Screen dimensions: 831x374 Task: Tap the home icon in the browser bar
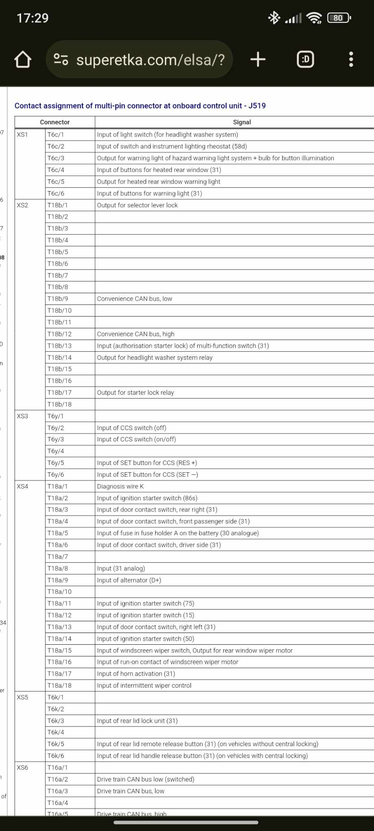(x=23, y=60)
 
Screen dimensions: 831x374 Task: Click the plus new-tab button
(x=258, y=60)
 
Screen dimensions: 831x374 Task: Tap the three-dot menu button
(x=351, y=60)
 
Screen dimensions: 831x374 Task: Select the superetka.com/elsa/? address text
(x=150, y=60)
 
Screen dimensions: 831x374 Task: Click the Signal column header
(x=242, y=122)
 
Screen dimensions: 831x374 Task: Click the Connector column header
(x=55, y=122)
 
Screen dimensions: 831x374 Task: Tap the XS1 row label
(x=23, y=135)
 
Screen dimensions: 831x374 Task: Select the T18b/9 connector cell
(x=58, y=299)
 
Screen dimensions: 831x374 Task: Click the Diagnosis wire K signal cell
(x=121, y=487)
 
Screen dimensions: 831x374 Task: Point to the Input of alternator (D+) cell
(x=129, y=580)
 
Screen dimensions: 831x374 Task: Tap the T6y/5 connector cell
(x=56, y=463)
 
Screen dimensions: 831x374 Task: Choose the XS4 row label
(x=23, y=487)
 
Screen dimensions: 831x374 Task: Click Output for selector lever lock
(x=137, y=205)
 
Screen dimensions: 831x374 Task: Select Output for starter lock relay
(x=135, y=393)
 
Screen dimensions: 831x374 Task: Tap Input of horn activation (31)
(x=136, y=674)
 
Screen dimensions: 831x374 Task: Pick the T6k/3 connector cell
(x=56, y=721)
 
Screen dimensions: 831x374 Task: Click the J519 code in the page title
(x=257, y=106)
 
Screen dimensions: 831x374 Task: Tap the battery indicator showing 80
(x=339, y=18)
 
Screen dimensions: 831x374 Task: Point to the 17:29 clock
(x=32, y=18)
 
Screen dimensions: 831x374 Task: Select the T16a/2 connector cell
(x=58, y=779)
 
